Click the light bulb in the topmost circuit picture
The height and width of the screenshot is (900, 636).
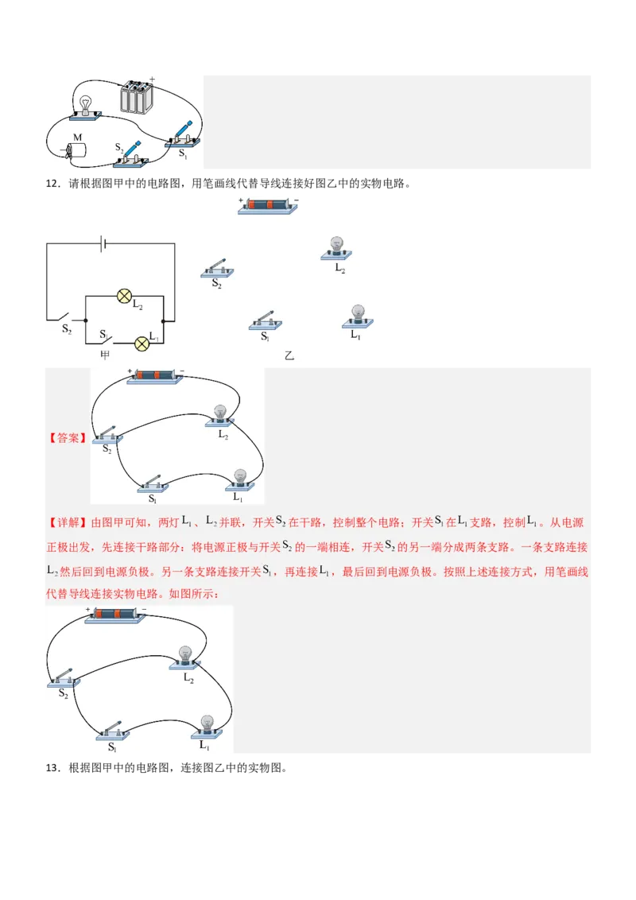coord(85,104)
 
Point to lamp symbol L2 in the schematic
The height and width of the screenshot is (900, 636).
coord(124,297)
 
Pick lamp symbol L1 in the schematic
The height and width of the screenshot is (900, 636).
coord(142,343)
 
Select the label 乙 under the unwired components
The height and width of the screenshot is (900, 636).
coord(289,356)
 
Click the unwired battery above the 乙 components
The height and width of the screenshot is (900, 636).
coord(268,206)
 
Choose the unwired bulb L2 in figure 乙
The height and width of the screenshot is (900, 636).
coord(336,247)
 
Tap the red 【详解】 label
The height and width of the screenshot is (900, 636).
coord(67,523)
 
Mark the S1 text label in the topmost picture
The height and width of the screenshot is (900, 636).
coord(183,153)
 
